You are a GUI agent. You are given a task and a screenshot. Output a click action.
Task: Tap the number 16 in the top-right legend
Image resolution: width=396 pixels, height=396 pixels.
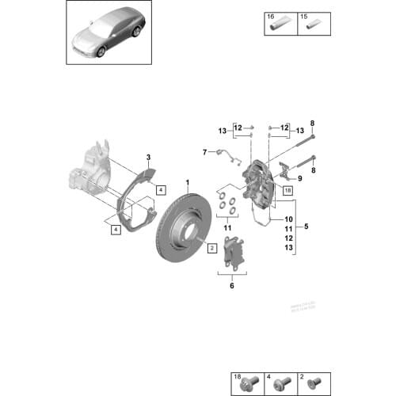[271, 16]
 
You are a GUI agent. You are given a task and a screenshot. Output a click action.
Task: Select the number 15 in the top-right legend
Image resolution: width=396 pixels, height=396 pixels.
[302, 16]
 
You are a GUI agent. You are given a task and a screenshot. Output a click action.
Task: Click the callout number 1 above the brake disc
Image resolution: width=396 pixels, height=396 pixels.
[188, 181]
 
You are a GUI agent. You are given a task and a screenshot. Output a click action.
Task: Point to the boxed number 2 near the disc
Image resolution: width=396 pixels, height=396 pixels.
[212, 247]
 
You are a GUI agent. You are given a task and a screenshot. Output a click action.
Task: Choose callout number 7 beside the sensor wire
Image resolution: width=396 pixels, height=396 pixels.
[204, 151]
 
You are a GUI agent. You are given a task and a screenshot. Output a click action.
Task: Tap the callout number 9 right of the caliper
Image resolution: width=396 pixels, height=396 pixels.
[299, 179]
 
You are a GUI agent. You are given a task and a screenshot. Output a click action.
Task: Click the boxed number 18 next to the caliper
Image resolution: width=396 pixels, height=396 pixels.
[287, 191]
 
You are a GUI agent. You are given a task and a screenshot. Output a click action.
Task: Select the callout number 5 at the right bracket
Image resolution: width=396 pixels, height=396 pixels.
[307, 227]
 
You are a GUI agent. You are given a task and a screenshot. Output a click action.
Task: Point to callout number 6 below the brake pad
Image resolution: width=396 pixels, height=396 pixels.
[232, 286]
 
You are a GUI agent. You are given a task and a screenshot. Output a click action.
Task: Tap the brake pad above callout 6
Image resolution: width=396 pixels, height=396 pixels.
[235, 251]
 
